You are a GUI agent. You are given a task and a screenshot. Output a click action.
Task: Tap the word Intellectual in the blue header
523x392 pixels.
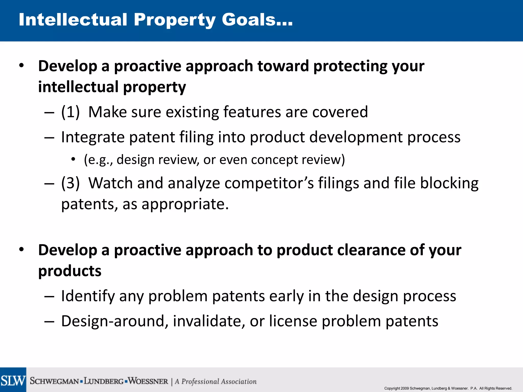pos(73,20)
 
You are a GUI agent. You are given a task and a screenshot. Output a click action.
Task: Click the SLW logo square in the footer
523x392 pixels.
pos(13,380)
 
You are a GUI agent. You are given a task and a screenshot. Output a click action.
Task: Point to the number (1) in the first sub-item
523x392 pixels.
pos(70,112)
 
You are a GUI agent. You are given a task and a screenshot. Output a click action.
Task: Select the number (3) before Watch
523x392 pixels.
pos(70,183)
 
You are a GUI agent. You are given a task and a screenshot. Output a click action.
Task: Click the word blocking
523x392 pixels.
pos(449,183)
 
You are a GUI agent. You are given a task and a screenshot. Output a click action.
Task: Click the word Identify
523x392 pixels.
pos(88,296)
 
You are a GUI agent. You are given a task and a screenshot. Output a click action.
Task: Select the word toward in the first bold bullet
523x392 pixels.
pos(283,66)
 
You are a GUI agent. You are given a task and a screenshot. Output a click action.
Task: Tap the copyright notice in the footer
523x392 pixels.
pos(448,388)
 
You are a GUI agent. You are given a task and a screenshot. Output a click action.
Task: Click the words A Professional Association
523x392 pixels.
pos(216,382)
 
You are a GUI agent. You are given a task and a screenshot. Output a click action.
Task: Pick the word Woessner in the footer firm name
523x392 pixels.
pos(148,381)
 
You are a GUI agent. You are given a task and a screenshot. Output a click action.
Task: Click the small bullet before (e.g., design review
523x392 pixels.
pos(73,160)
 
